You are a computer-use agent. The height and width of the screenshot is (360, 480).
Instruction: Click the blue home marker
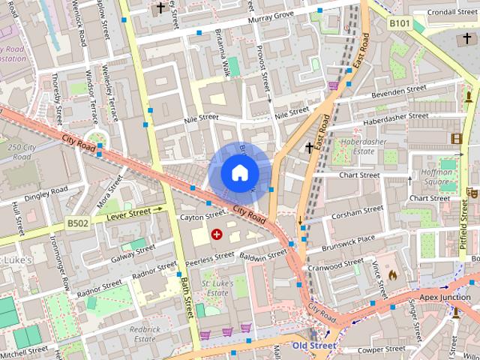(238, 172)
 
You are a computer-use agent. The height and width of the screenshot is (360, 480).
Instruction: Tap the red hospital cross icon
(217, 234)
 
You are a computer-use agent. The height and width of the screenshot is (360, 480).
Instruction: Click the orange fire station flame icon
(391, 275)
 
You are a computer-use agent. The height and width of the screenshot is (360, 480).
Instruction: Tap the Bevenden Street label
(399, 90)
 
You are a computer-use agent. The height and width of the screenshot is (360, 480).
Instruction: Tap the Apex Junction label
(445, 297)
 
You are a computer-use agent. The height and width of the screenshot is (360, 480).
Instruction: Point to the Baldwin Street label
(264, 255)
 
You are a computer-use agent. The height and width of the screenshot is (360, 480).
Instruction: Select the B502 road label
(78, 223)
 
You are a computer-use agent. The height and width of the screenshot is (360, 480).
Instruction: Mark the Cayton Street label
(198, 216)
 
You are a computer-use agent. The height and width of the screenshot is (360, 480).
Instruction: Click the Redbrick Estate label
(145, 334)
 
